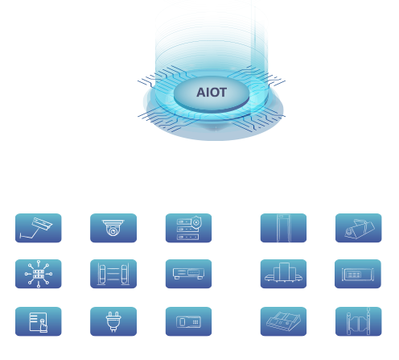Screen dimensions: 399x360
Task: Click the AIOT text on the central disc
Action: [x=212, y=93]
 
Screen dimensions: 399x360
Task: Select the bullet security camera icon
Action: [x=39, y=228]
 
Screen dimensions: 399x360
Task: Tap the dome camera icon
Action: [x=113, y=228]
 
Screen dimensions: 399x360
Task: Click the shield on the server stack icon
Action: [x=196, y=222]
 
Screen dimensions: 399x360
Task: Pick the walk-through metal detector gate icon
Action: [x=283, y=228]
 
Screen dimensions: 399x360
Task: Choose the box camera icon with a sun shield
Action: [x=359, y=228]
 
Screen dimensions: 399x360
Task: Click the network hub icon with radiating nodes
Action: [x=39, y=274]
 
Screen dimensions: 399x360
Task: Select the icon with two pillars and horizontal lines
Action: [x=113, y=274]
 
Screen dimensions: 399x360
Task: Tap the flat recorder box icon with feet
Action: [x=188, y=274]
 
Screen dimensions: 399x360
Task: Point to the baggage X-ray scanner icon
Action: [x=283, y=274]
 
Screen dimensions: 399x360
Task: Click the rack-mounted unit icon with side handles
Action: [x=358, y=274]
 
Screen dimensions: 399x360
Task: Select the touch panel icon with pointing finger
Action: [x=39, y=321]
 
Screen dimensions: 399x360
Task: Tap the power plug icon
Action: [x=113, y=321]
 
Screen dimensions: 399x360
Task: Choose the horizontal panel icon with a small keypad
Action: [x=188, y=321]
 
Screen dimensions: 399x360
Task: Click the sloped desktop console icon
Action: [x=283, y=321]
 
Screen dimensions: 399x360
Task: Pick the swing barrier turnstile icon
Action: [x=359, y=321]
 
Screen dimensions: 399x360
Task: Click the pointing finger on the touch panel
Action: [x=43, y=325]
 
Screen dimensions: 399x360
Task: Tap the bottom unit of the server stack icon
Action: [x=187, y=237]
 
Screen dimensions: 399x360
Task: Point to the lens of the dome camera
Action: [x=113, y=231]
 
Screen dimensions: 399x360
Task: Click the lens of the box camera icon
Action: [x=348, y=232]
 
